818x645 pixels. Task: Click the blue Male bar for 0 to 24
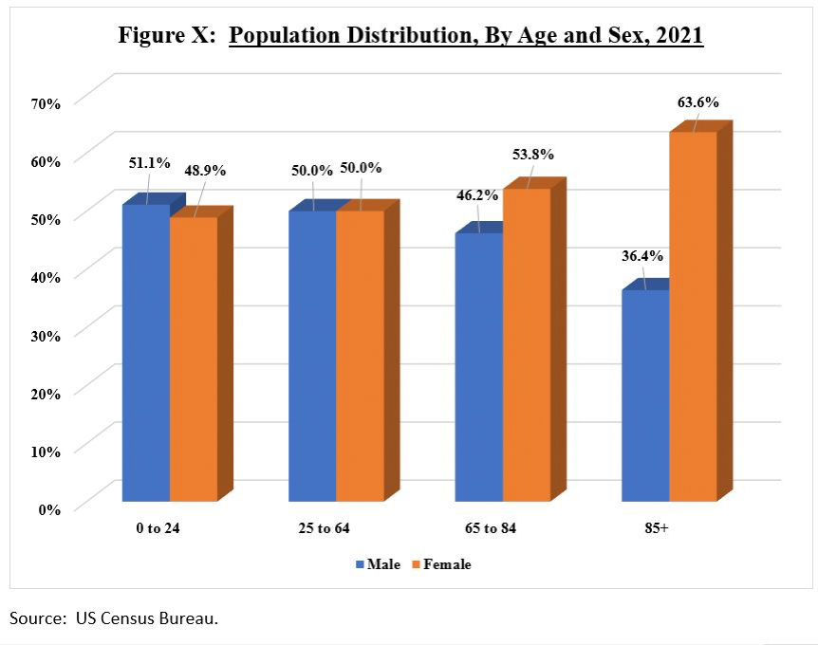[146, 352]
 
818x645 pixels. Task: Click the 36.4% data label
[643, 256]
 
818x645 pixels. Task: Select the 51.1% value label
[149, 162]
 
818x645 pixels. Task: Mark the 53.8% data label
[532, 155]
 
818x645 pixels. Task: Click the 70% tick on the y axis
[46, 103]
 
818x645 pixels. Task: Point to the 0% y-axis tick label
[49, 509]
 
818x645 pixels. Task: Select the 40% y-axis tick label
[46, 277]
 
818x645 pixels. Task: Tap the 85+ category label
[655, 527]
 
